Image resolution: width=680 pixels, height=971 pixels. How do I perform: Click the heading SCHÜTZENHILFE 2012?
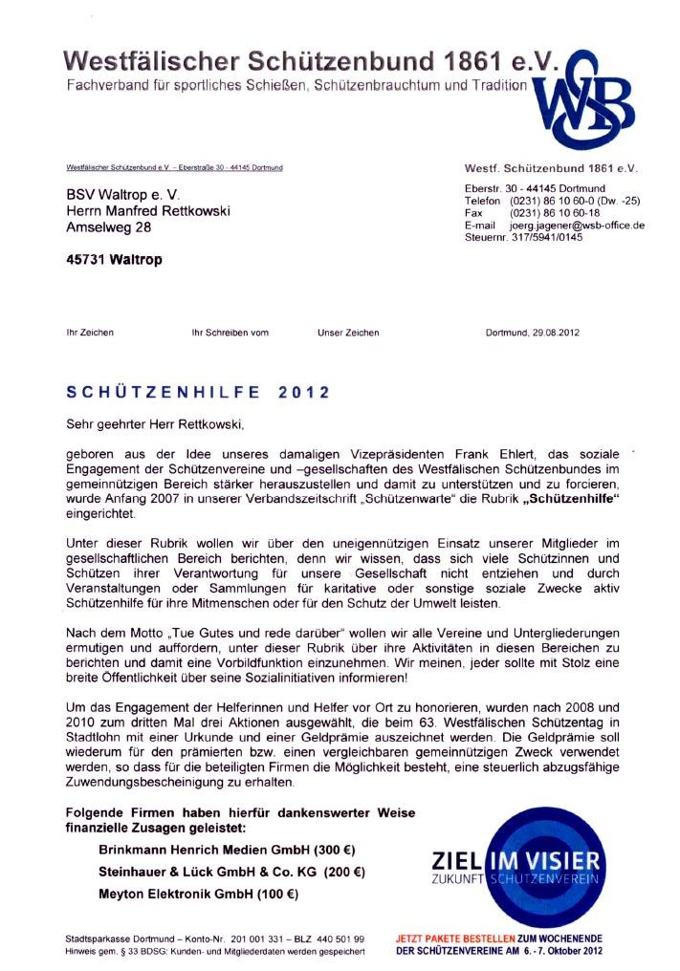click(198, 392)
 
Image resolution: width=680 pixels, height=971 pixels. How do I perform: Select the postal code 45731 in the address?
click(84, 260)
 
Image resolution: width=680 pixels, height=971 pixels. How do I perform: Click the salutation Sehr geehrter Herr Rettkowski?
click(161, 421)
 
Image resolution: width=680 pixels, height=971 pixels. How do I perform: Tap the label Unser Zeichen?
click(348, 333)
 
